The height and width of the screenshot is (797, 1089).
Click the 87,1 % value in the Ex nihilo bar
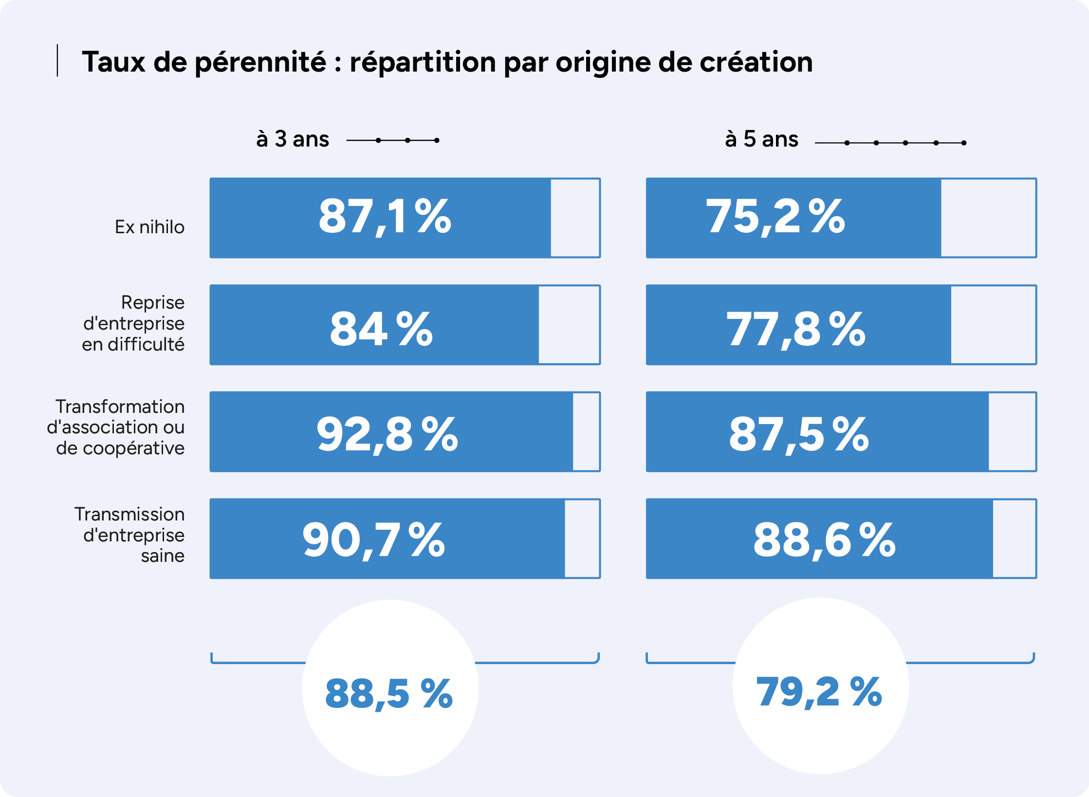[385, 217]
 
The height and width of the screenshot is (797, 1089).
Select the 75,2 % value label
[775, 217]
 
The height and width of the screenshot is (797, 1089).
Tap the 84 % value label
[381, 329]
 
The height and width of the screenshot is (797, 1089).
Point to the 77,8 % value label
[796, 330]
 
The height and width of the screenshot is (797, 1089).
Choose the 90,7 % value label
[374, 541]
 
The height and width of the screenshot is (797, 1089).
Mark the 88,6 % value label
[825, 541]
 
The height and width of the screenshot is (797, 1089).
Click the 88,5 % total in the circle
[389, 694]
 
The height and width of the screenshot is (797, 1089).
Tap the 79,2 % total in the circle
[819, 692]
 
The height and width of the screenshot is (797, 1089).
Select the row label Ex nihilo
[149, 227]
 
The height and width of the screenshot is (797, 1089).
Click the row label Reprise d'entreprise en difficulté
[133, 323]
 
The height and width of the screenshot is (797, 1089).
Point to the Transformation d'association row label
[115, 427]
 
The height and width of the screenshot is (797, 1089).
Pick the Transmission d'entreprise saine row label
[129, 535]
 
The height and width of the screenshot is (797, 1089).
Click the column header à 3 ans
[293, 139]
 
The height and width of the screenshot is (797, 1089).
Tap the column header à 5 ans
[761, 139]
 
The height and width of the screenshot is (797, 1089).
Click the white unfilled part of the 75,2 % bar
[988, 218]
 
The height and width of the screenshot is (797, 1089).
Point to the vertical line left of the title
[57, 60]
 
